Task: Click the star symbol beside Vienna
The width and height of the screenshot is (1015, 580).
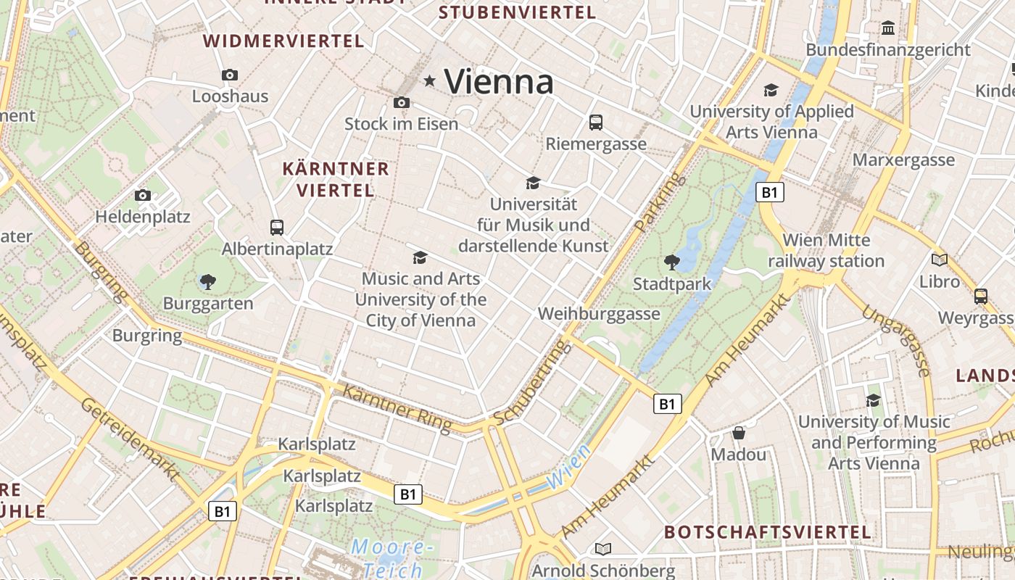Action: coord(430,81)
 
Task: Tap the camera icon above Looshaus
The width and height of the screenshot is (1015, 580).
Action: coord(230,75)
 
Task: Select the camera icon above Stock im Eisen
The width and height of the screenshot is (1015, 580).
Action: coord(402,103)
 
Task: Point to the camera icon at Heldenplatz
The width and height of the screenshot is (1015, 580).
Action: coord(143,195)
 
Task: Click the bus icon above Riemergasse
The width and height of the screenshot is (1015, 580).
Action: coord(596,123)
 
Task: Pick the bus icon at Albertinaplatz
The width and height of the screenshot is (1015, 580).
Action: coord(277,228)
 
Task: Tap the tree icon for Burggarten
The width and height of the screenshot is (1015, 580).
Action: coord(208,281)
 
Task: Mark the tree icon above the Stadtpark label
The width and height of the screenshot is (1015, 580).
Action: coord(672,262)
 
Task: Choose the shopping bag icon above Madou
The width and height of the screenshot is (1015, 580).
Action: coord(739,433)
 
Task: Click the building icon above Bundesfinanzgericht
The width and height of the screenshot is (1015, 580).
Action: coord(888,28)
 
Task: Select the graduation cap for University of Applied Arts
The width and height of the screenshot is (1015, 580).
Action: coord(771,91)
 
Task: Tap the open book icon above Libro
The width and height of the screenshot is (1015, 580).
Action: coord(940,260)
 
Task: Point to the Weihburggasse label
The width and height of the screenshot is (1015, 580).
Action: coord(599,314)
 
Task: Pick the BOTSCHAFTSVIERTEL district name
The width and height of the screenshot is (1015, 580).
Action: coord(768,531)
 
